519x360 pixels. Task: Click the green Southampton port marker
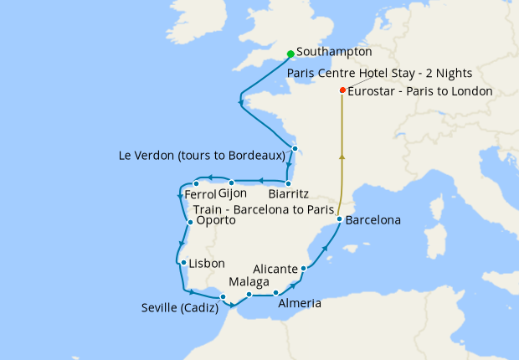[290, 54]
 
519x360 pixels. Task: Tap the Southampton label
[334, 51]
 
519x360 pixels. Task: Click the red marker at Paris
[342, 90]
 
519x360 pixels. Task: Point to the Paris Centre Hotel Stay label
[379, 73]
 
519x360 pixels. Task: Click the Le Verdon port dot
[295, 149]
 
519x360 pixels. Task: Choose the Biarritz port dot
[288, 183]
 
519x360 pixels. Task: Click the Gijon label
[232, 194]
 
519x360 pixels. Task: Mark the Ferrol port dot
[195, 184]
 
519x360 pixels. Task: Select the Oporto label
[215, 222]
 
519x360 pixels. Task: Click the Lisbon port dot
[182, 263]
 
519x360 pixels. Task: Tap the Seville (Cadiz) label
[180, 308]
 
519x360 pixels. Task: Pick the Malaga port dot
[249, 295]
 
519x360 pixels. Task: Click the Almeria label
[299, 303]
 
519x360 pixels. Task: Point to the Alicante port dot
[303, 269]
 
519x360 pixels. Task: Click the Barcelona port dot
[339, 219]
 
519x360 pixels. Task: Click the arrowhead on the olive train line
[342, 156]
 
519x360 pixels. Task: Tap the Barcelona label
[373, 221]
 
